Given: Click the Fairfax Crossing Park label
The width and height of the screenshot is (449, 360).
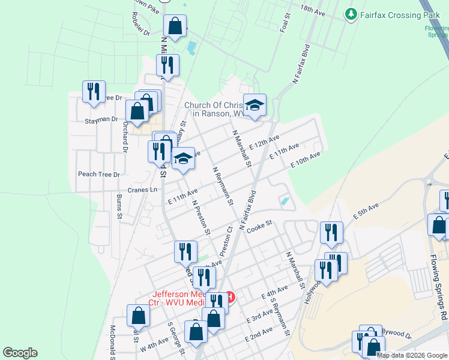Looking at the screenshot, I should (x=396, y=13).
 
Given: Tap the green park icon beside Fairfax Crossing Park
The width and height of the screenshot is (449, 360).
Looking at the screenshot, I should (x=351, y=13).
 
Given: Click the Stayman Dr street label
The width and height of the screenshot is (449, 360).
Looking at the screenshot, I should (x=101, y=119).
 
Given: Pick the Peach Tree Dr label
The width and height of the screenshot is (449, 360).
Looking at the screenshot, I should (x=99, y=175).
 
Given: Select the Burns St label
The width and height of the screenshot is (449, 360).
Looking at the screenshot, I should (x=119, y=206).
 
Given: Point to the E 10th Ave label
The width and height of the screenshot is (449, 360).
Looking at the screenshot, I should (x=305, y=160).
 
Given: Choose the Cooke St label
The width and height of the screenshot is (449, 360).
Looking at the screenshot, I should (x=259, y=226).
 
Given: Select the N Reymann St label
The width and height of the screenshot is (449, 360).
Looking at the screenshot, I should (x=223, y=186).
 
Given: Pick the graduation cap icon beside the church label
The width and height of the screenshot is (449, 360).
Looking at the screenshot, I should (x=255, y=104).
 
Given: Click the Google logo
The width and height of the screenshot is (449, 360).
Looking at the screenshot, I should (x=20, y=353).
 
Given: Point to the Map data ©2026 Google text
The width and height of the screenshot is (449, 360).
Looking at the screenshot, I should (x=412, y=355).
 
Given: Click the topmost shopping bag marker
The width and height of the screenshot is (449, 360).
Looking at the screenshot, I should (x=175, y=26).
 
